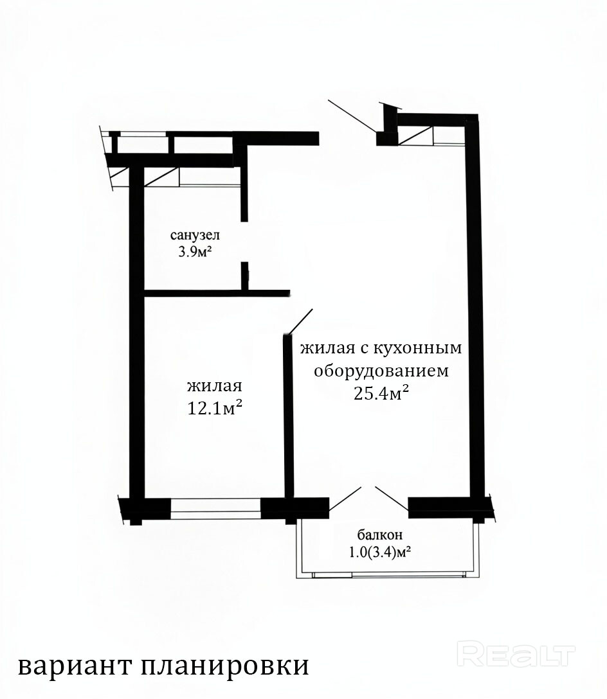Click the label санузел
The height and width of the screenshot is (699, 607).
tap(195, 235)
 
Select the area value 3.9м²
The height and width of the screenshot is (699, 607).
tap(195, 252)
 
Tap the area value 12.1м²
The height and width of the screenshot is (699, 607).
tap(215, 407)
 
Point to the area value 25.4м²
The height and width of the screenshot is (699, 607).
tap(381, 393)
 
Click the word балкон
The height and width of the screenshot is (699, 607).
tap(380, 534)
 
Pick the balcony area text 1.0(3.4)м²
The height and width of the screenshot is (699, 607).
tap(380, 553)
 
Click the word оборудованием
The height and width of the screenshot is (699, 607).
tap(381, 371)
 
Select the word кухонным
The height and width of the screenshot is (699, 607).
tap(417, 348)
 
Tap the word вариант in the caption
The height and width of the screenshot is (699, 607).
tap(75, 666)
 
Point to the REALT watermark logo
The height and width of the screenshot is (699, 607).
tap(517, 654)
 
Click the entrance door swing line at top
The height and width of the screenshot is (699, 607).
tap(352, 116)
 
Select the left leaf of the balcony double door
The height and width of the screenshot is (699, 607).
tap(345, 499)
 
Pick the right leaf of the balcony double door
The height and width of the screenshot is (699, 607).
tap(392, 499)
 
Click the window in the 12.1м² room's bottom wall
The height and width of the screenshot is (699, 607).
tap(215, 509)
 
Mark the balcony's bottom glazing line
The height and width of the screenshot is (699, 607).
tap(388, 574)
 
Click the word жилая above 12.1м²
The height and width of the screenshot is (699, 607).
tap(215, 385)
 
